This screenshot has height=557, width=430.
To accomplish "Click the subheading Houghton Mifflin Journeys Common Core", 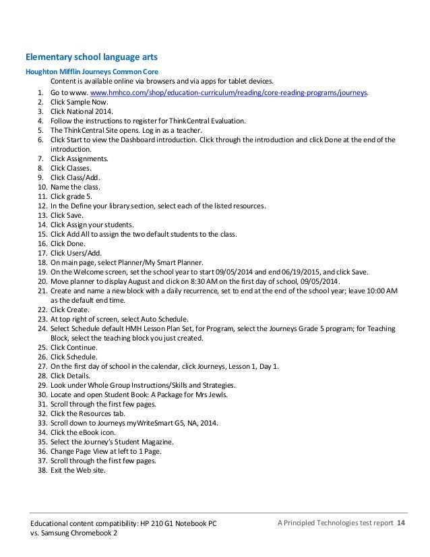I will pyautogui.click(x=92, y=72).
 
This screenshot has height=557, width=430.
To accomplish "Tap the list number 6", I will pyautogui.click(x=40, y=140).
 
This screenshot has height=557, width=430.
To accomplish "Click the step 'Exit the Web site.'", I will pyautogui.click(x=78, y=471).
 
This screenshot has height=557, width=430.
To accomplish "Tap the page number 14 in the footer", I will pyautogui.click(x=401, y=524).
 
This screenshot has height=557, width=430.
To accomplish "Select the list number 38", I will pyautogui.click(x=39, y=471).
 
